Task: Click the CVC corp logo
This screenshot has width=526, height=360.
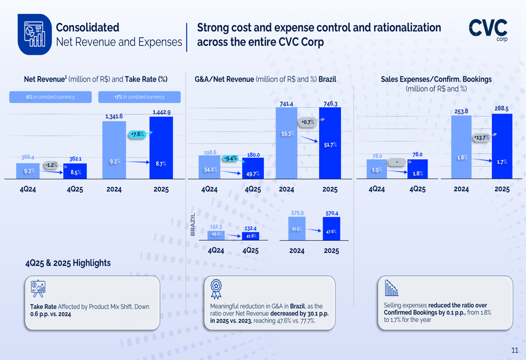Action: pyautogui.click(x=488, y=30)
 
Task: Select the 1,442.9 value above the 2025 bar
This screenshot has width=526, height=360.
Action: pyautogui.click(x=161, y=112)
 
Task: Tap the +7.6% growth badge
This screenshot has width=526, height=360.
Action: pyautogui.click(x=137, y=135)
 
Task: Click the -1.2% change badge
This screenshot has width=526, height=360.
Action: pyautogui.click(x=50, y=165)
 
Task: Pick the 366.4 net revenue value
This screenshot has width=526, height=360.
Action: pyautogui.click(x=27, y=157)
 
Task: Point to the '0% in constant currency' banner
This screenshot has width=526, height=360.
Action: pyautogui.click(x=50, y=97)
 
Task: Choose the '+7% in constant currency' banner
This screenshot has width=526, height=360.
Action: pyautogui.click(x=139, y=97)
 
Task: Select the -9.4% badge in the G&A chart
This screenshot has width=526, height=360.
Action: pyautogui.click(x=230, y=158)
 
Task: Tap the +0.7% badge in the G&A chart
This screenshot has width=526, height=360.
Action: pyautogui.click(x=308, y=122)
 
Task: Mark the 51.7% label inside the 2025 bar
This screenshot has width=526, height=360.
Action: pyautogui.click(x=330, y=145)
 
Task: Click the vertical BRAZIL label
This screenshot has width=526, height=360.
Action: pyautogui.click(x=193, y=224)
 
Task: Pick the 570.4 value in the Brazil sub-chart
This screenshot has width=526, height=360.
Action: pyautogui.click(x=331, y=213)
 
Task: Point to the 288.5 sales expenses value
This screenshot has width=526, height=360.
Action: pyautogui.click(x=501, y=109)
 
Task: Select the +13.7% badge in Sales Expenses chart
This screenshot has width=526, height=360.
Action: pyautogui.click(x=481, y=138)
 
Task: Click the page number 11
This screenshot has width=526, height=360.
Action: pyautogui.click(x=514, y=350)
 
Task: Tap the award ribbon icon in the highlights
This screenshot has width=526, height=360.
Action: pyautogui.click(x=216, y=289)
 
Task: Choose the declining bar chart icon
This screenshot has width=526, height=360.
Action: pyautogui.click(x=391, y=287)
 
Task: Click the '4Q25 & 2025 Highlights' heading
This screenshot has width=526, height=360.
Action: pyautogui.click(x=68, y=263)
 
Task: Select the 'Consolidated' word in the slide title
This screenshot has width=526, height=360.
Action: pyautogui.click(x=87, y=27)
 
